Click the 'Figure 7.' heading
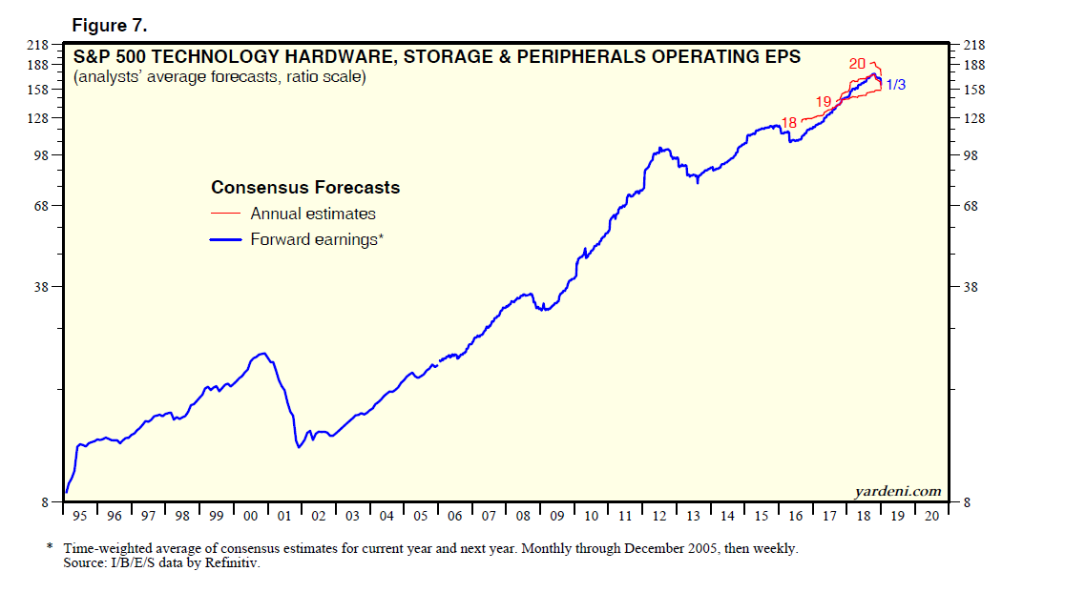pos(107,26)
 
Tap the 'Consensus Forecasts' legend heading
pos(305,188)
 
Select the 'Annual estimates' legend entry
pos(313,214)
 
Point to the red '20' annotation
pos(857,64)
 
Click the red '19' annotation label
pos(824,101)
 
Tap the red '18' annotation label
pos(788,122)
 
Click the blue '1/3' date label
pos(895,85)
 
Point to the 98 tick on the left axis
pos(42,154)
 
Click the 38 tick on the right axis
pos(975,286)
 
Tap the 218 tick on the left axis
pos(39,45)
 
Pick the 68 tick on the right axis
pos(975,206)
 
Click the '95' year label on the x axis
pos(80,516)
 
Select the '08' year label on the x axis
pos(522,516)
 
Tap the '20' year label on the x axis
pos(931,516)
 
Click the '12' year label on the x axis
pos(658,516)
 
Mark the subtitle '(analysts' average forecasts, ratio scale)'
pos(219,77)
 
